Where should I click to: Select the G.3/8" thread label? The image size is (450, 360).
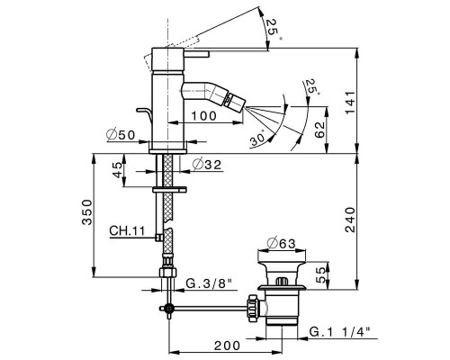211,285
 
